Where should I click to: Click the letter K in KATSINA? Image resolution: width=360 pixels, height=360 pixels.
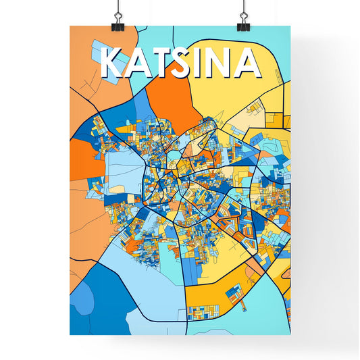[112, 63]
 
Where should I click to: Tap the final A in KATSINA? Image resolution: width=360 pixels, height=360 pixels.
[248, 63]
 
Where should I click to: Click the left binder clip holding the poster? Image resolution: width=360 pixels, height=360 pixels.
[118, 17]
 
